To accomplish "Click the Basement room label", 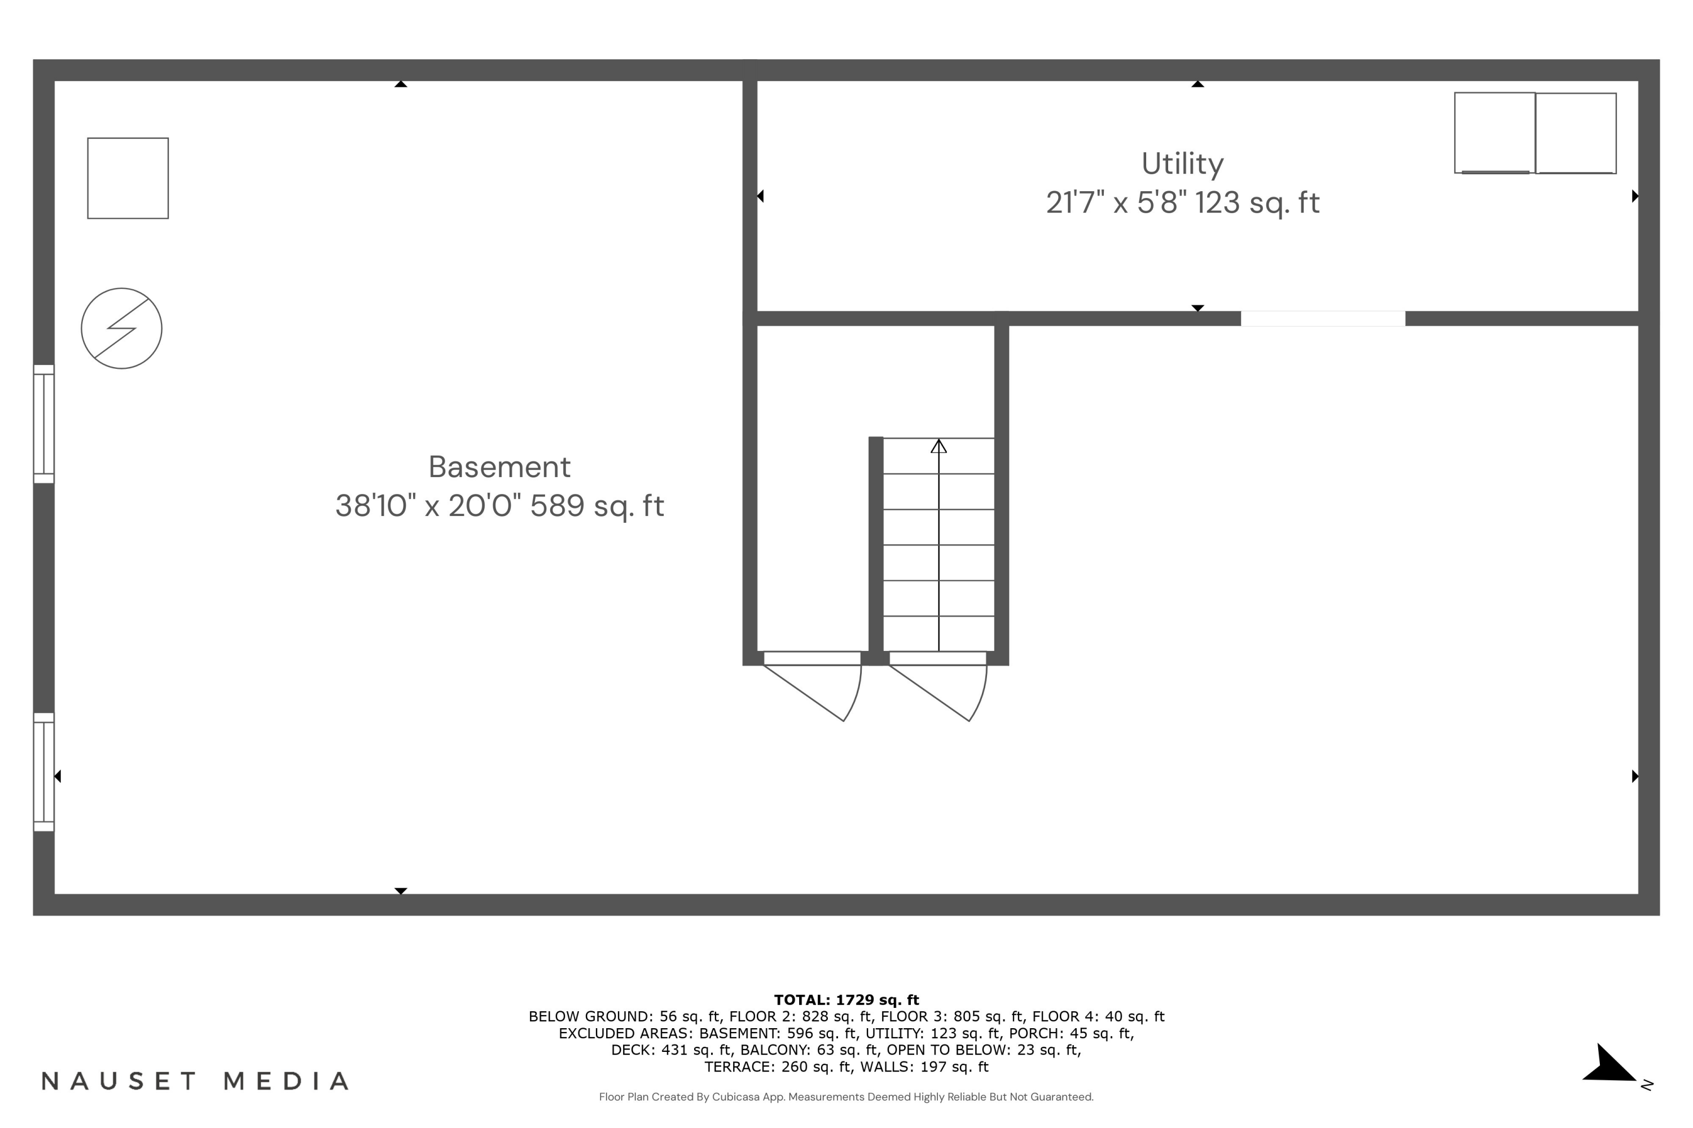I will point(499,467).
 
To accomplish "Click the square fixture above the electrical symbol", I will point(128,178).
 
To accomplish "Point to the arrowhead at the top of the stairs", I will point(938,447).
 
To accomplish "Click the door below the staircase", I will point(937,658).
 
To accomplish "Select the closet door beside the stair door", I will point(812,658).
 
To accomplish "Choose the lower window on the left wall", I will point(44,772).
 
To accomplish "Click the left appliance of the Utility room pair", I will point(1494,133).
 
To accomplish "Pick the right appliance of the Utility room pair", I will point(1576,133).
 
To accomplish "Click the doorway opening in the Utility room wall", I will point(1322,319).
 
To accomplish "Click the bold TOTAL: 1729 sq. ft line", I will point(846,999).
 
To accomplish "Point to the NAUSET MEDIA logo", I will point(195,1081).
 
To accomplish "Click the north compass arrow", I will point(1613,1065).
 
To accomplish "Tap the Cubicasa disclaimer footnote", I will point(846,1097).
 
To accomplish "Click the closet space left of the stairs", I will point(812,489).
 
